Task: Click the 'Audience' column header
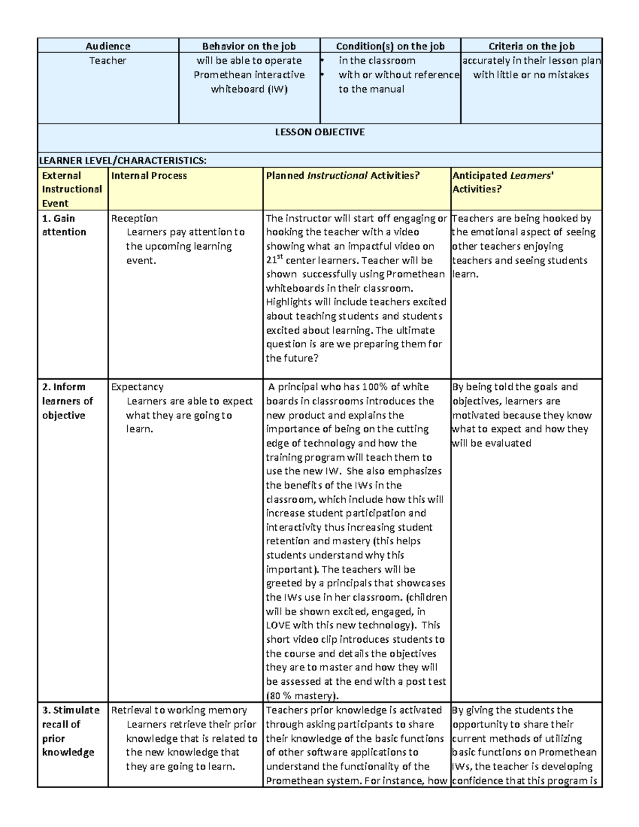[x=108, y=46]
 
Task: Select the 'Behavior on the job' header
[x=249, y=46]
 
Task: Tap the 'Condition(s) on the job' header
[x=390, y=46]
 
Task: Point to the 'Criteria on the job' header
[x=531, y=46]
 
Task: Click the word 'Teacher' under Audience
[x=108, y=61]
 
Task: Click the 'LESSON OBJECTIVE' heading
[x=319, y=132]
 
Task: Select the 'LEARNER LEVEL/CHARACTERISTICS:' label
[x=123, y=161]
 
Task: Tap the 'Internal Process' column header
[x=149, y=176]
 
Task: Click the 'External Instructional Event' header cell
[x=71, y=190]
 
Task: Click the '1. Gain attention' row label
[x=63, y=225]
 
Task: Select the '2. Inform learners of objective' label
[x=67, y=401]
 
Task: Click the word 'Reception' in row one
[x=134, y=218]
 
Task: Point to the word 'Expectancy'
[x=137, y=387]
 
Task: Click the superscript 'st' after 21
[x=280, y=258]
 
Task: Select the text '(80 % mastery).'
[x=302, y=696]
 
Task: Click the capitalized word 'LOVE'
[x=278, y=625]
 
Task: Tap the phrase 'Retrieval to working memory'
[x=179, y=710]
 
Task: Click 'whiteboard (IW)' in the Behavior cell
[x=249, y=89]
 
